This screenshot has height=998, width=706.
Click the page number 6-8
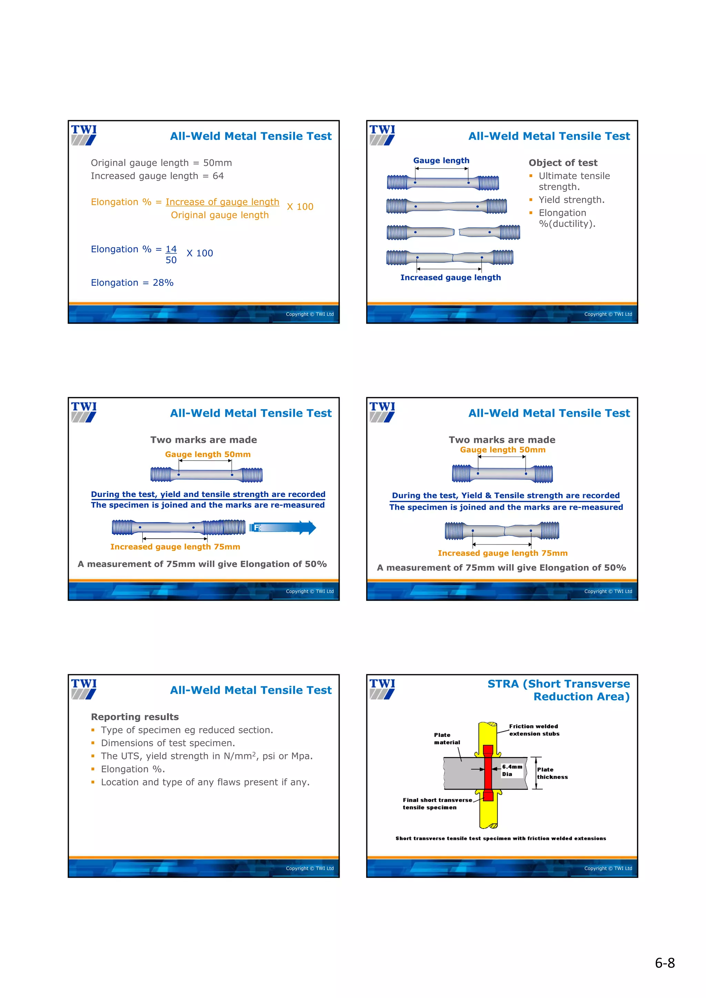[664, 963]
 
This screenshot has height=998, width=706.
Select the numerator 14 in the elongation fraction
[171, 249]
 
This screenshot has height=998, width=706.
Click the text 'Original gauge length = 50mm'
[161, 163]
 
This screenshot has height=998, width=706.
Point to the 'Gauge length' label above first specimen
[441, 160]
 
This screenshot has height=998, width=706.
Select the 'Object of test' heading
[563, 163]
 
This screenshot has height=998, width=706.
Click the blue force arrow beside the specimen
[283, 528]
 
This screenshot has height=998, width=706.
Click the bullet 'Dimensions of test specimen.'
[168, 743]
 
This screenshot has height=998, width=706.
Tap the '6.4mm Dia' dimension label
[512, 770]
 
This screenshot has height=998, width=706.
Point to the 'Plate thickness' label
[552, 773]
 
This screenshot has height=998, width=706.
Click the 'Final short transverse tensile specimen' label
[436, 803]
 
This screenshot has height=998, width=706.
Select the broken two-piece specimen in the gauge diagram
[453, 232]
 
